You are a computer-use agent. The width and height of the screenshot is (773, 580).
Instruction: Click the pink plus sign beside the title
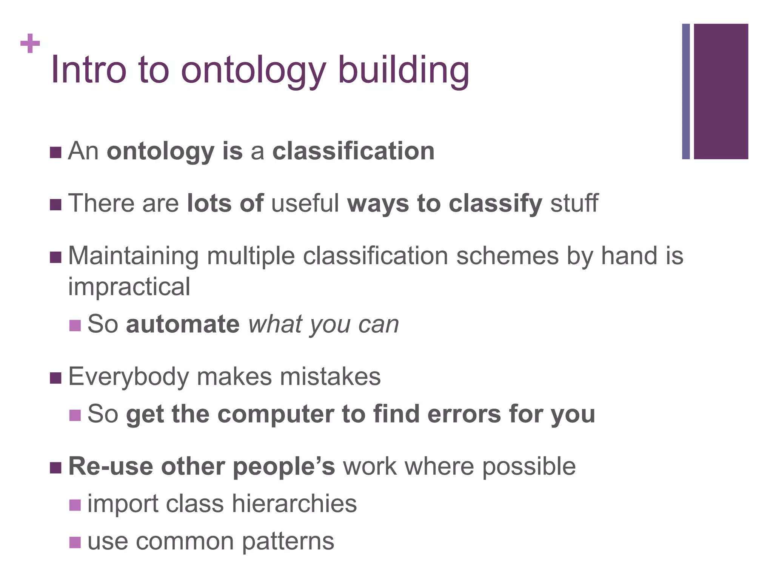point(30,43)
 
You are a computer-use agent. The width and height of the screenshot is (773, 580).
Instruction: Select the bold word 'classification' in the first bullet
point(353,151)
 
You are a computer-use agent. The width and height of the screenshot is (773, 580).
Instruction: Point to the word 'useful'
point(305,203)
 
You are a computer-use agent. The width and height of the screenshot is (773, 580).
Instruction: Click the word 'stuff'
point(574,203)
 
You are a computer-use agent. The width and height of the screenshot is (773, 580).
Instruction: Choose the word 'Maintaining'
point(133,256)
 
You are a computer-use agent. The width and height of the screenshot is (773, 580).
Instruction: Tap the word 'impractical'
point(129,286)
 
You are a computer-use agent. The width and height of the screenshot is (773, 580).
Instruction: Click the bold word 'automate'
point(183,324)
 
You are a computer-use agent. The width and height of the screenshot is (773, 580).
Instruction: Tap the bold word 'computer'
point(276,414)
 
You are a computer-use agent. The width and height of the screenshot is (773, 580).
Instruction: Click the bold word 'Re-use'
point(110,466)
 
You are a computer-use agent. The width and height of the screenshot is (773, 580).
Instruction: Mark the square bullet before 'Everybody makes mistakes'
point(55,378)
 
